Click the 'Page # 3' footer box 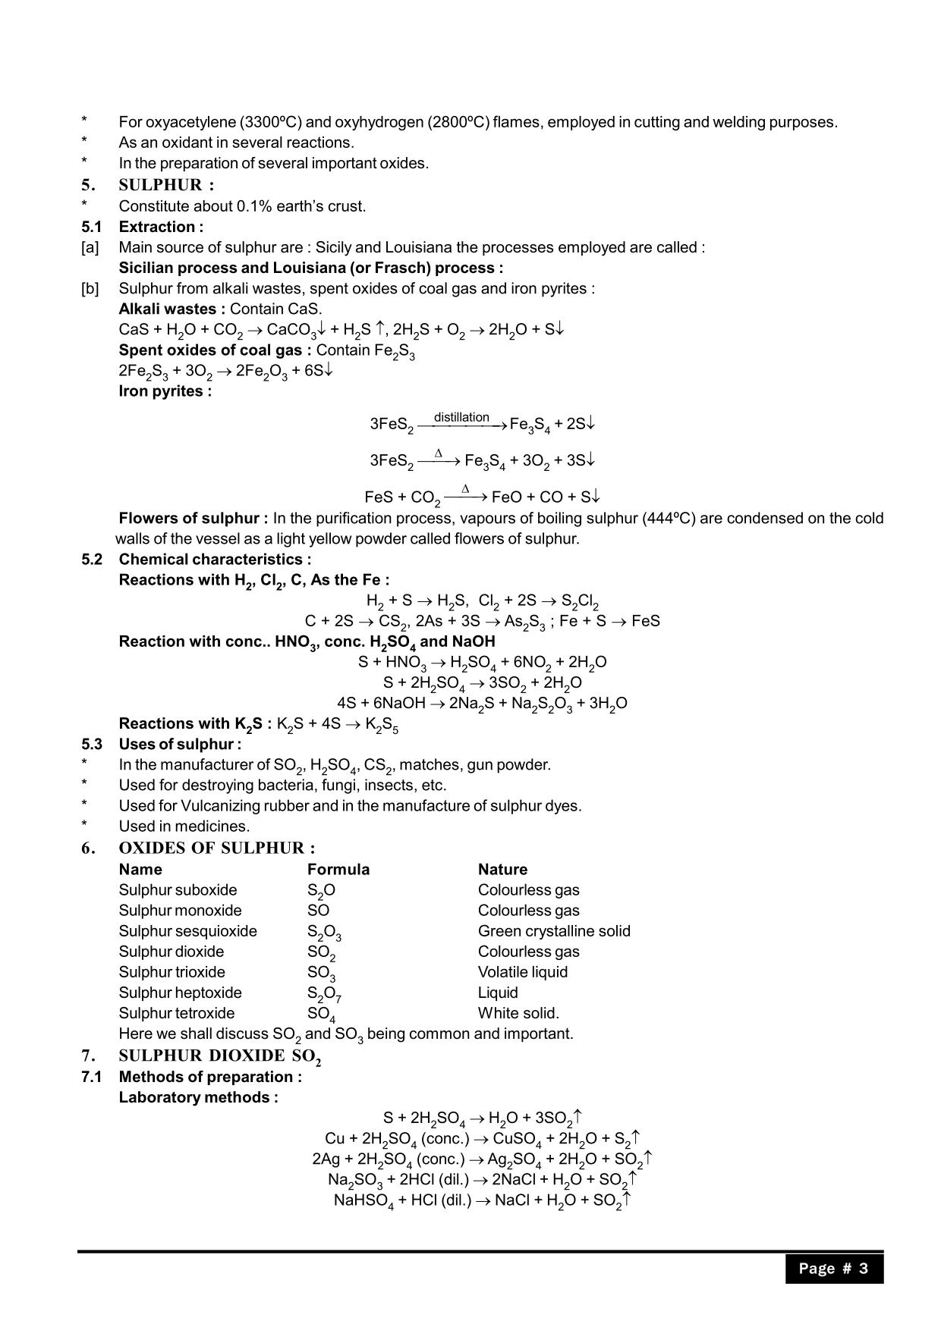tap(833, 1269)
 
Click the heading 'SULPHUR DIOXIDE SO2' tap(219, 1056)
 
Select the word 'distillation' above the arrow tap(461, 417)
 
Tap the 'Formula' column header tap(338, 869)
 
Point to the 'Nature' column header tap(502, 869)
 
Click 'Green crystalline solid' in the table tap(554, 931)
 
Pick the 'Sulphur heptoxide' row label tap(180, 993)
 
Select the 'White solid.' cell tap(518, 1013)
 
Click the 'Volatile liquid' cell tap(523, 972)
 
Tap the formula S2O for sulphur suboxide tap(321, 891)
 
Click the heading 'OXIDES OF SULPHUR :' tap(216, 848)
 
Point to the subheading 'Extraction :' tap(161, 227)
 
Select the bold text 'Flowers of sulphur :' tap(194, 519)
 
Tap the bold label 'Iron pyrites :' tap(165, 391)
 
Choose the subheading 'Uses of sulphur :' tap(180, 744)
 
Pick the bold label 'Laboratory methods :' tap(198, 1097)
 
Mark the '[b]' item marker tap(90, 289)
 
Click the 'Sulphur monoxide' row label tap(180, 911)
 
